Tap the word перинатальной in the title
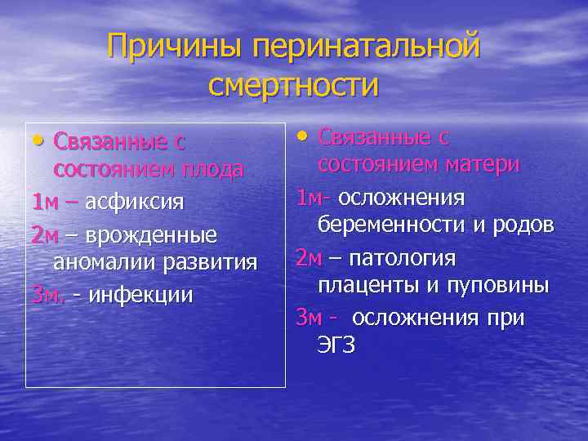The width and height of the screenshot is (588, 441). (366, 47)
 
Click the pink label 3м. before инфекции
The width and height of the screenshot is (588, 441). (47, 294)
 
